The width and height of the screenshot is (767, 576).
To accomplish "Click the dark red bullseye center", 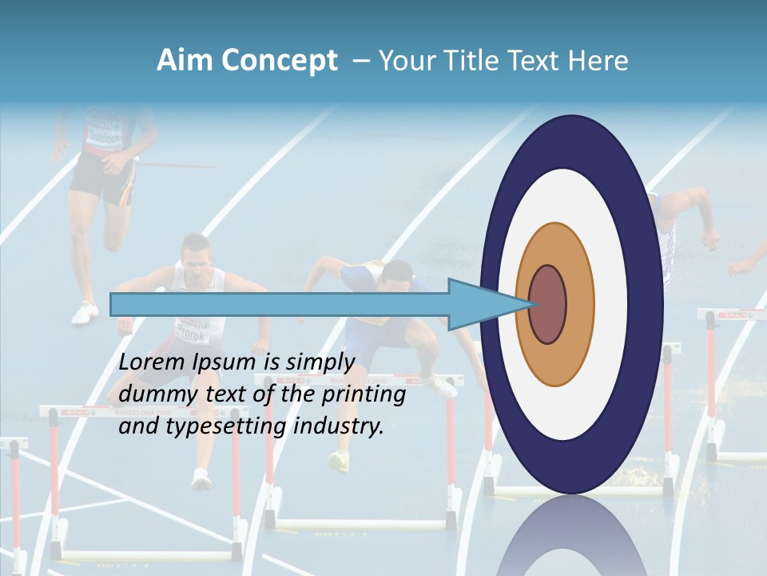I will click(x=547, y=304).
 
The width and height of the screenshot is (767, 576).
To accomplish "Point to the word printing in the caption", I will click(x=363, y=395).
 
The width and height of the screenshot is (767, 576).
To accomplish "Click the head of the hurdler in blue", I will click(x=395, y=276).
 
